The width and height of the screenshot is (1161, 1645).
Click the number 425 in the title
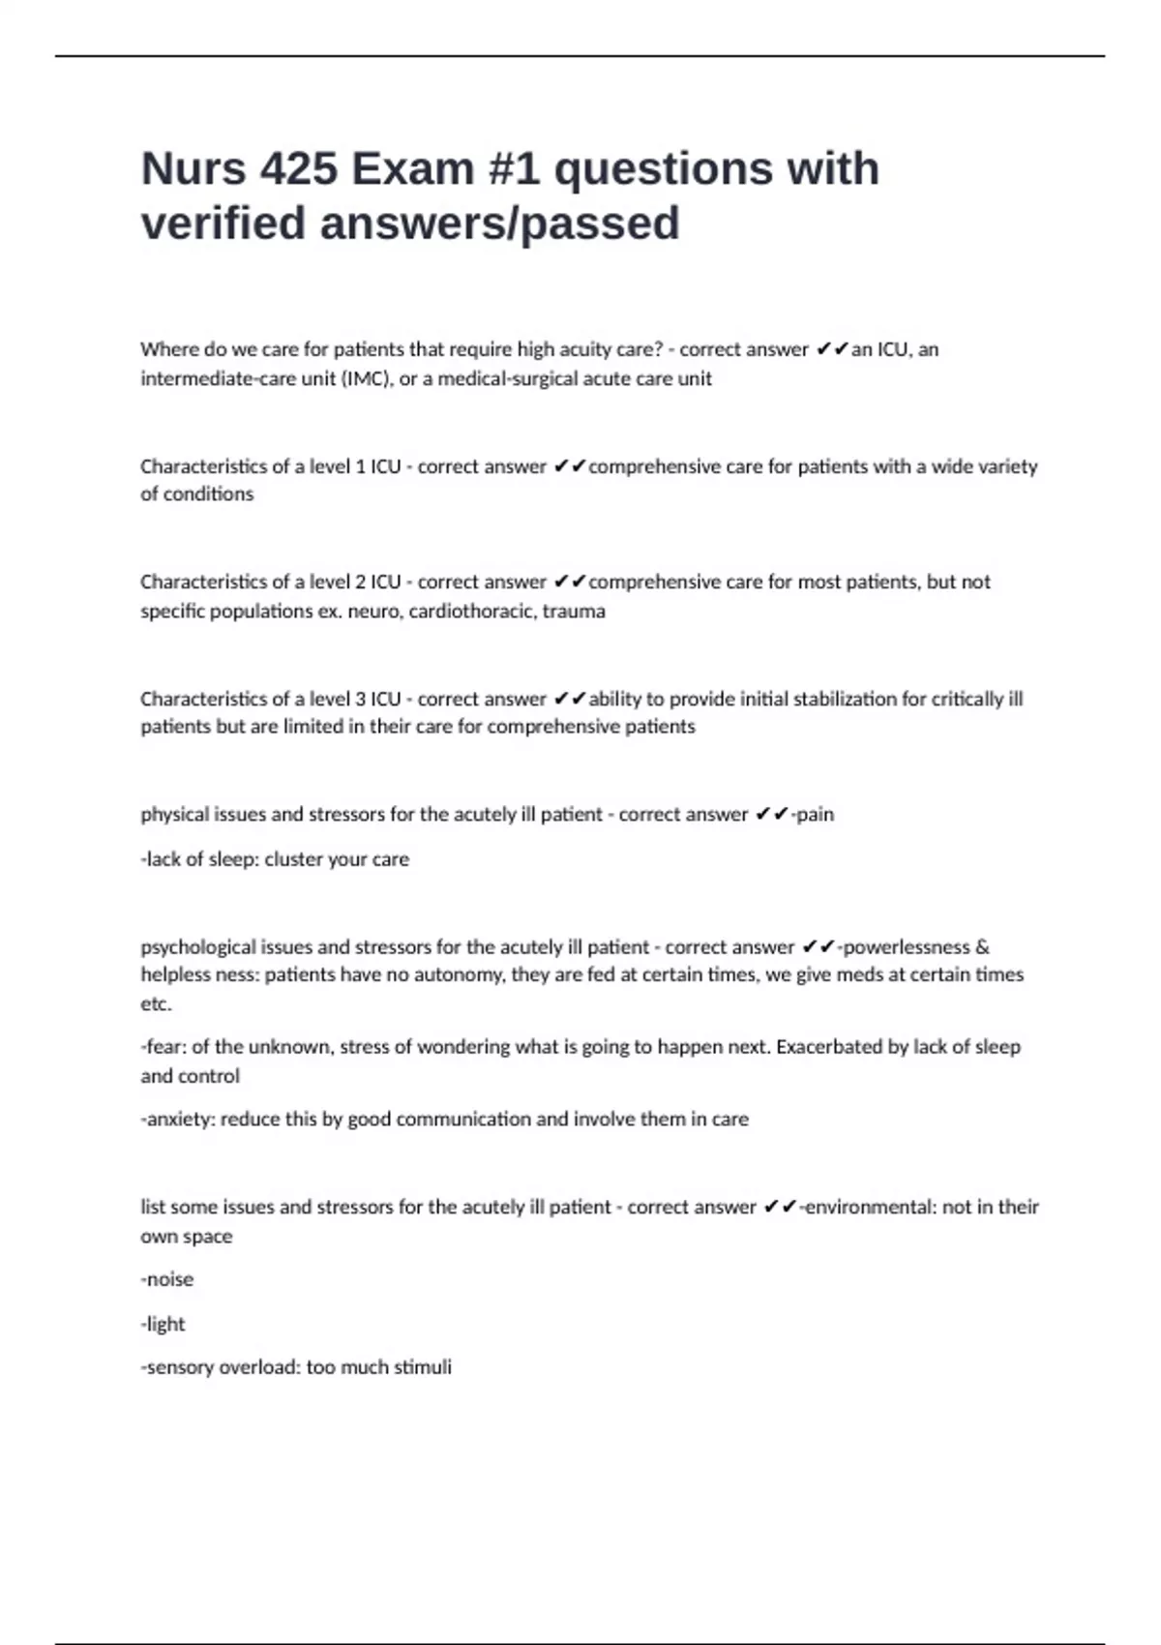pos(297,169)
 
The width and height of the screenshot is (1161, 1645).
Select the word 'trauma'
pos(574,611)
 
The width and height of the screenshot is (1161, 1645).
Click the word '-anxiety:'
pos(178,1119)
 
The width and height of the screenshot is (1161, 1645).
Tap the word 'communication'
pos(463,1119)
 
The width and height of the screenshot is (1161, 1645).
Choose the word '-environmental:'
pos(868,1207)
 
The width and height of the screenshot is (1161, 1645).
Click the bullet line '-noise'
pos(167,1279)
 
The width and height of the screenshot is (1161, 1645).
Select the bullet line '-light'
pos(163,1324)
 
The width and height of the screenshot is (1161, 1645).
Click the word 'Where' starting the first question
pos(169,349)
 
